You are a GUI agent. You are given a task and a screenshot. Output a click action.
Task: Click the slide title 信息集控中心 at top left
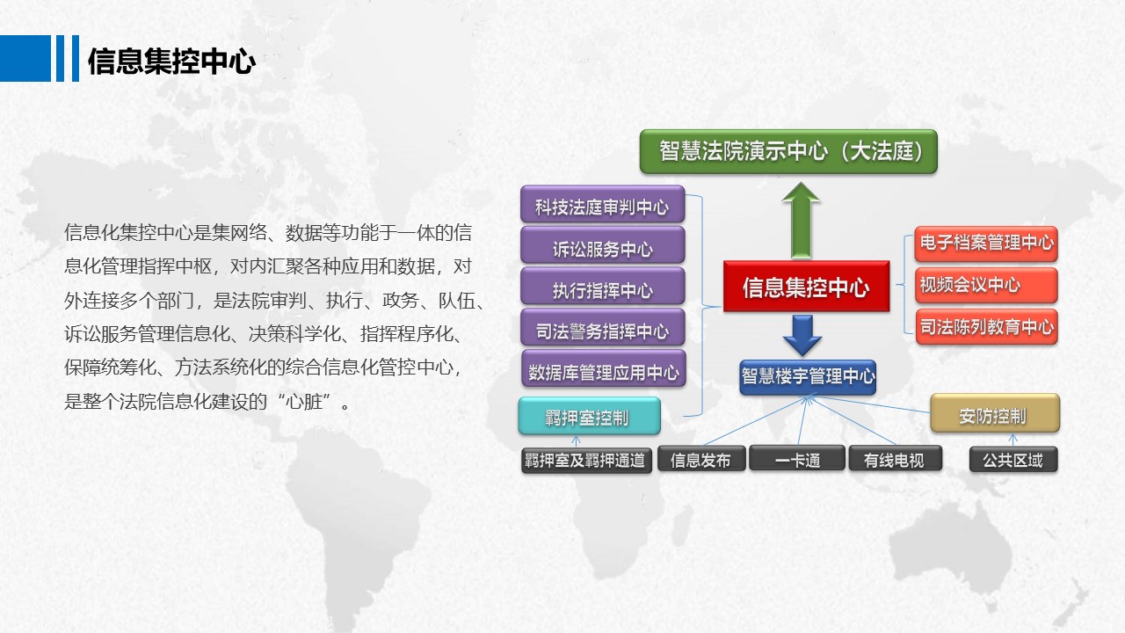(x=171, y=62)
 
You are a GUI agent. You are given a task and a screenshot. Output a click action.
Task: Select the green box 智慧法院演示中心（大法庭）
(x=787, y=151)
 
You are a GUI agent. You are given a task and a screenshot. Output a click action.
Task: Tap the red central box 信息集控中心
(x=805, y=287)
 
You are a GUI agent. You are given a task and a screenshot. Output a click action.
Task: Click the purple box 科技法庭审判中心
(x=602, y=207)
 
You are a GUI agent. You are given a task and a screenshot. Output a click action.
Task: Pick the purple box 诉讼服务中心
(x=602, y=249)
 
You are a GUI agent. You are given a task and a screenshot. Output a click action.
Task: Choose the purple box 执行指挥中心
(x=602, y=290)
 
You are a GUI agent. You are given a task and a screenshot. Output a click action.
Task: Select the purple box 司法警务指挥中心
(x=602, y=331)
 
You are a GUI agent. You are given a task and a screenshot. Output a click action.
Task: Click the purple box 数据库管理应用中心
(x=603, y=372)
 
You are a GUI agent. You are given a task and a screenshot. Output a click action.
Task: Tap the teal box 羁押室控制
(x=589, y=417)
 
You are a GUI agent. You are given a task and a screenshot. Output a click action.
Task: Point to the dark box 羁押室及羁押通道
(x=586, y=460)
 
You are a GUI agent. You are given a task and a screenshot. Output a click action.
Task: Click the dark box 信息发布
(x=700, y=460)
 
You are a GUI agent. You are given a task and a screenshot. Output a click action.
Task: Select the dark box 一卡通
(x=796, y=460)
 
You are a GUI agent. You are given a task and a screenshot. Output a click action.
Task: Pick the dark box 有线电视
(x=894, y=460)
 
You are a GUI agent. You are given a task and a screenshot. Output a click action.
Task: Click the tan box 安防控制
(x=994, y=415)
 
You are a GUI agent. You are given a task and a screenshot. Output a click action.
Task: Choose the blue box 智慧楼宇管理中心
(x=808, y=376)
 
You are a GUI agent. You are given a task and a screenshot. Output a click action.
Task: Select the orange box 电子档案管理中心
(x=985, y=243)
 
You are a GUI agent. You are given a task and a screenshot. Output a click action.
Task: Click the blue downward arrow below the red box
(x=802, y=334)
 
